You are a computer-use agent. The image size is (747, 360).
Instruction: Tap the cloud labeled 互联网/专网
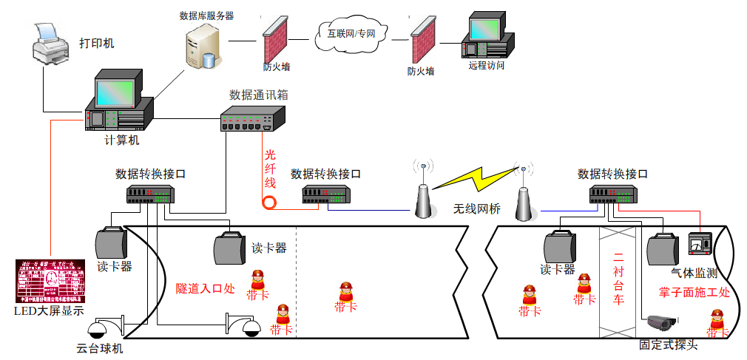[351, 33]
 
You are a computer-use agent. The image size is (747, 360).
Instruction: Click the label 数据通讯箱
[255, 95]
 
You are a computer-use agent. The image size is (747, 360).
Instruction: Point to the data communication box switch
[252, 119]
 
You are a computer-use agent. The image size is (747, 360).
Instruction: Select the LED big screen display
[50, 280]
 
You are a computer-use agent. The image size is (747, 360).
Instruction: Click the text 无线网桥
[477, 209]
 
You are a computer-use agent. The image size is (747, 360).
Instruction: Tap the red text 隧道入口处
[205, 288]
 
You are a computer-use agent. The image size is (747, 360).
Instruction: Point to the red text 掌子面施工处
[694, 291]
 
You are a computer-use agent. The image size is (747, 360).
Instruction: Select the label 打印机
[97, 43]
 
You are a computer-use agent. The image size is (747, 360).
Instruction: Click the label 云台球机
[100, 348]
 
